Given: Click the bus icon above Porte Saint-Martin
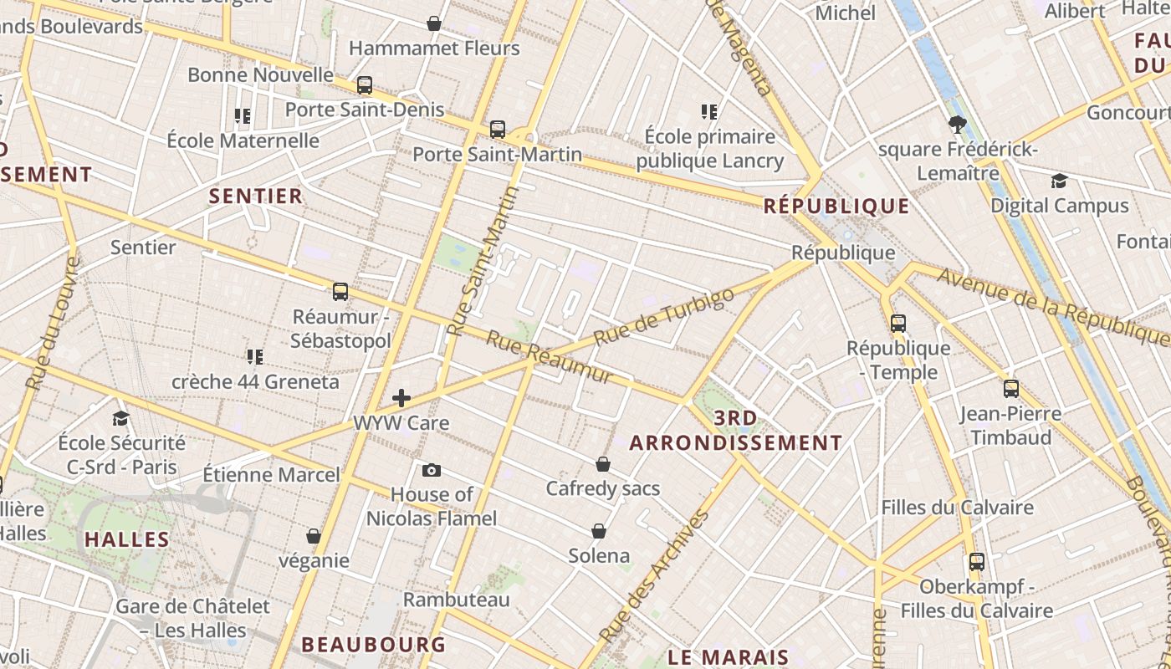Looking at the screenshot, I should coord(498,130).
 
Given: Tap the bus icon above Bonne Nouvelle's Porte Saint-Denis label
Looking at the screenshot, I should coord(365,84).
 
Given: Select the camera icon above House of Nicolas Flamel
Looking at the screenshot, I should coord(432,470).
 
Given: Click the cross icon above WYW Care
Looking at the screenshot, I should coord(401,398).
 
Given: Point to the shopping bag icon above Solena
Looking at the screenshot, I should coord(599,531).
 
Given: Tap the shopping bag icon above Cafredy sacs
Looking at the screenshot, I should coord(603,464).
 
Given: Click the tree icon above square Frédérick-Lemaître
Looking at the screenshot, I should coord(958,125).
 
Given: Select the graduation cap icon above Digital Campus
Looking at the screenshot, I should coord(1059,181).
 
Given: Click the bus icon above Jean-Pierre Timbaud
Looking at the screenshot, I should coord(1011,389).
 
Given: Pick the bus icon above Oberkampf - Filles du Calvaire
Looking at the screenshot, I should coord(976,562).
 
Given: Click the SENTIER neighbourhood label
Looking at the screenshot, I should coord(255,197).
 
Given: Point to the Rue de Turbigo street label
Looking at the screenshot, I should coord(664,316).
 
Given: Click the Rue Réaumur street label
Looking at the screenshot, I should coord(550,359).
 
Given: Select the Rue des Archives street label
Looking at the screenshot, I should coord(654,576).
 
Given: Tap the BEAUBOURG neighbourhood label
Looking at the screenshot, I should coord(373,645).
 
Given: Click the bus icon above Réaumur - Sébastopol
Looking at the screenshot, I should coord(340,292).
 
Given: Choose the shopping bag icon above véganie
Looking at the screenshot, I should coord(314,536).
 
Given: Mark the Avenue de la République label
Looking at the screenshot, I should coord(1052,307).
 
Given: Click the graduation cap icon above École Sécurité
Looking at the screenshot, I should coord(121,418).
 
